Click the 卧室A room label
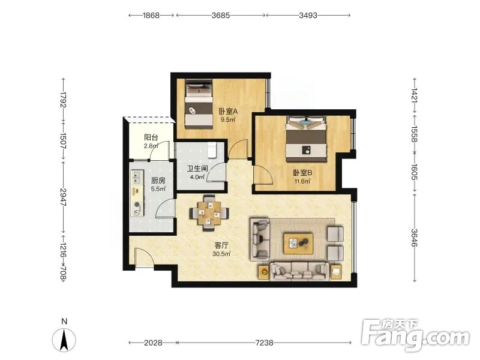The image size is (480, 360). (228, 112)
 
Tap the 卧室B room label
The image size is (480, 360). (302, 173)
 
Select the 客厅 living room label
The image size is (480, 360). (221, 245)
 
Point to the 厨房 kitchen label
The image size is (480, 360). (158, 181)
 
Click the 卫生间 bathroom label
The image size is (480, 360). (197, 169)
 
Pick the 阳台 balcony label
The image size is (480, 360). (151, 137)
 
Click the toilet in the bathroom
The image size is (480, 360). (212, 149)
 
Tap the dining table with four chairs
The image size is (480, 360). (209, 213)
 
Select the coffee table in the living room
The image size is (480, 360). (298, 244)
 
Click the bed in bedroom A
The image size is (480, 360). (199, 103)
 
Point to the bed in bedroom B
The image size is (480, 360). (306, 139)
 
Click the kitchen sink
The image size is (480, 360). (137, 177)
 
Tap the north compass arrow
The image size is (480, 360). (64, 340)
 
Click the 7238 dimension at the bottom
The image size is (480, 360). (264, 343)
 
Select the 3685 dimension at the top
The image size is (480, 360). (221, 16)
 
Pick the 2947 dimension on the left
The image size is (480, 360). (64, 197)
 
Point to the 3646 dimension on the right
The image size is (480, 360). (415, 238)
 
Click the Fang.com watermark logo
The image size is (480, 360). (415, 336)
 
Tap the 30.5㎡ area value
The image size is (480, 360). (221, 254)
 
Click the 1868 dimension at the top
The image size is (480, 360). (151, 16)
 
